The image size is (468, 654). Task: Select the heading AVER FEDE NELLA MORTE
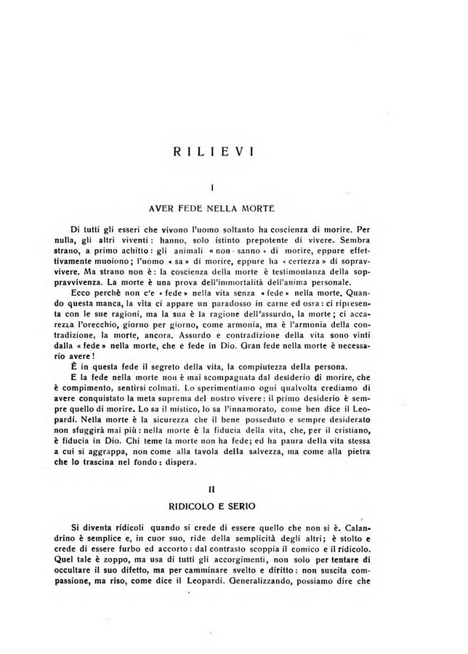(211, 208)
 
